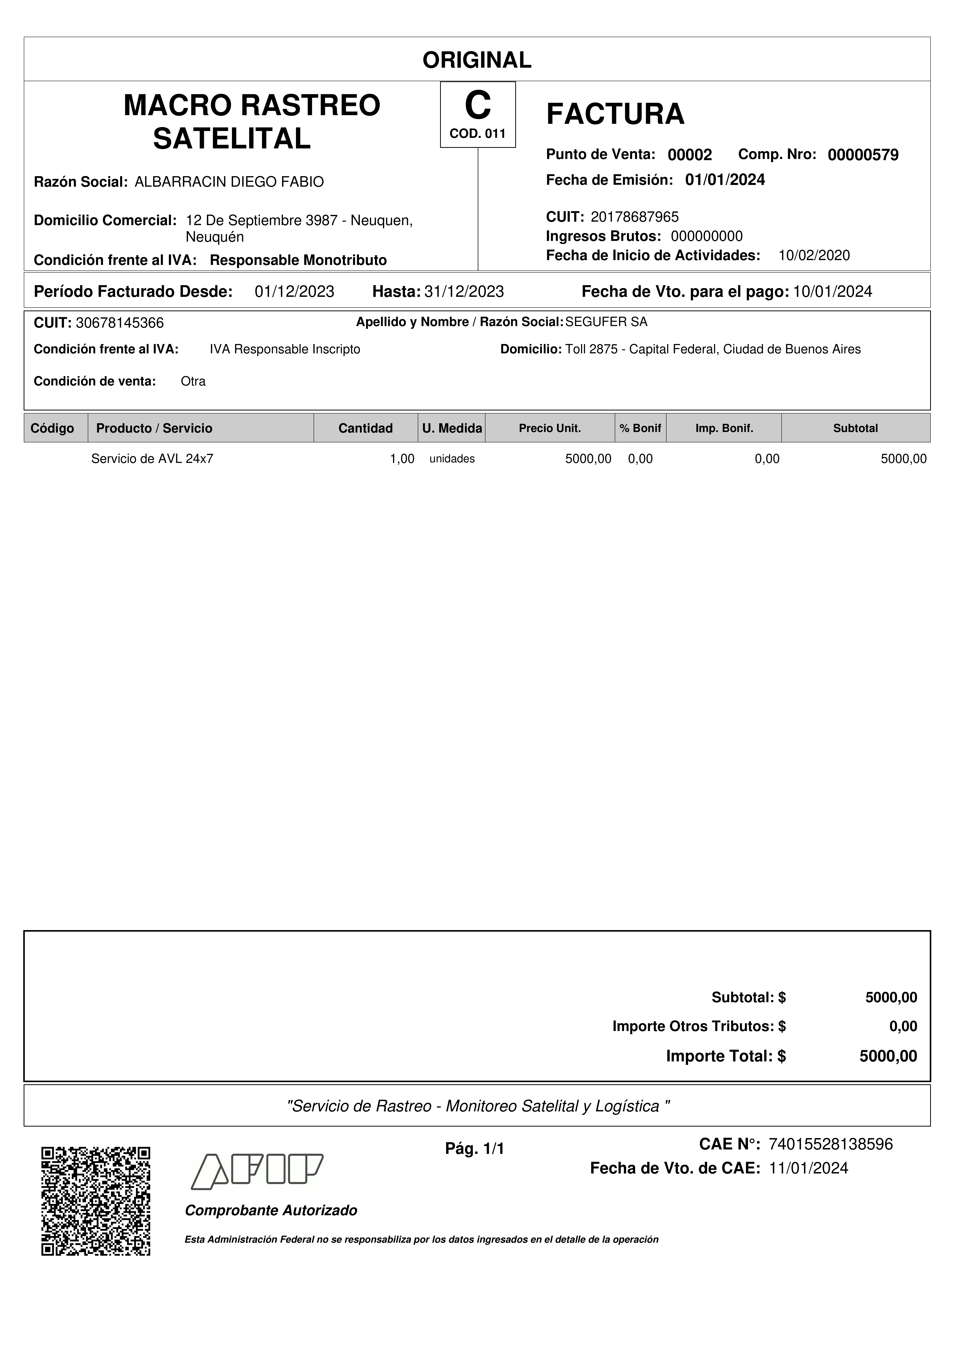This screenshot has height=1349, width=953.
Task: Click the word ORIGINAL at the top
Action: [x=477, y=60]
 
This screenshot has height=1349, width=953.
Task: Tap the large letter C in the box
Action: [x=477, y=106]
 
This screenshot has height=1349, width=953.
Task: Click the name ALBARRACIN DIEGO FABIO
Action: [x=229, y=182]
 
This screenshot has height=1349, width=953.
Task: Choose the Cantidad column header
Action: [x=365, y=428]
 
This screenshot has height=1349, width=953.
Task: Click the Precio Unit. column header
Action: [x=550, y=428]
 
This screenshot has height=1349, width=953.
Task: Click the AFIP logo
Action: [x=257, y=1172]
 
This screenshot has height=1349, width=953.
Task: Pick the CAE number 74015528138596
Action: [x=830, y=1144]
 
